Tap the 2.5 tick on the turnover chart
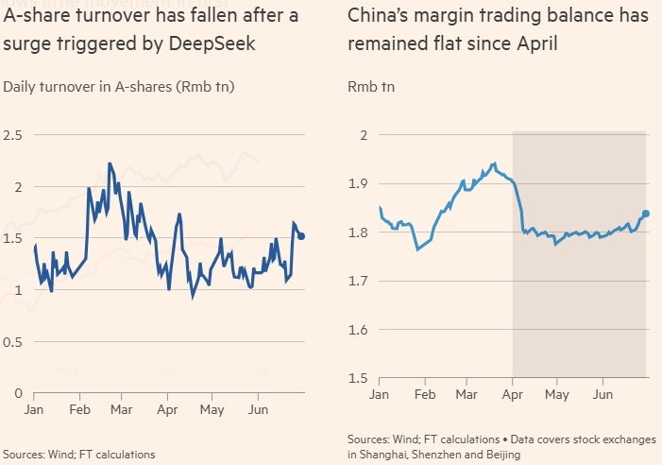pos(12,136)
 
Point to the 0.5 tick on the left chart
pos(12,341)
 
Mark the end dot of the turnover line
pos(301,236)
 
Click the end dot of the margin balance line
pos(646,214)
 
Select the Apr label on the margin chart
pos(512,393)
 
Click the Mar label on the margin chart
pos(466,393)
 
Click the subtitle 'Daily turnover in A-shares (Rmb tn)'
pos(119,87)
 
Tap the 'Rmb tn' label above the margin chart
pos(371,87)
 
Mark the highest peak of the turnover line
pos(110,163)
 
